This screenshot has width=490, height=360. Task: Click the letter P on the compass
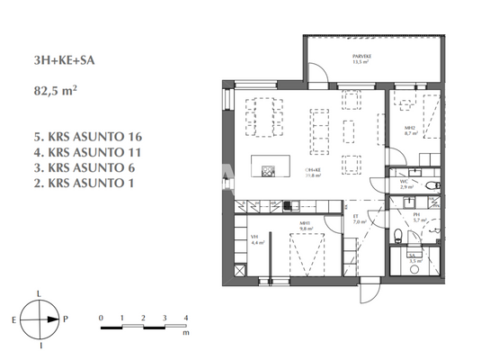click(x=67, y=319)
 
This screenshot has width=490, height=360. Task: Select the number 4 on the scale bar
click(x=185, y=319)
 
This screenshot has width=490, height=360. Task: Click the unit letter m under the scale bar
click(x=185, y=332)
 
